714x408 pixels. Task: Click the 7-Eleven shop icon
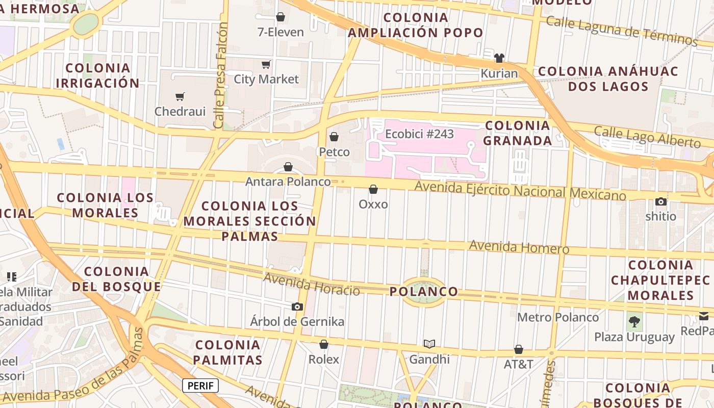click(280, 17)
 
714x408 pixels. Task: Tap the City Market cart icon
click(266, 64)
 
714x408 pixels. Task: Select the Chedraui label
click(180, 111)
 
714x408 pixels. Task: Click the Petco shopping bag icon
click(334, 137)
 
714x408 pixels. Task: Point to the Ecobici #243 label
click(419, 134)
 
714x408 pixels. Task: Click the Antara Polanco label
click(288, 182)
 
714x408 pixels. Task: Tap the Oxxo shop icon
click(373, 189)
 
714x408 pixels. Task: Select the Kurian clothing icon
click(499, 58)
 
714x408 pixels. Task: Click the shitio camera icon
click(661, 201)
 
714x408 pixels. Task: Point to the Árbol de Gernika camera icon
click(297, 307)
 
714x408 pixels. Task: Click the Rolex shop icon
click(324, 344)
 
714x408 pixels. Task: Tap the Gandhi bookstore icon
click(429, 344)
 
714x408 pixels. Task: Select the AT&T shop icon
click(518, 349)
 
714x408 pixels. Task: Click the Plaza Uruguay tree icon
click(634, 322)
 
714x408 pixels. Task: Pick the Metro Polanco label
click(558, 317)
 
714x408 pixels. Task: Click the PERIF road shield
click(200, 386)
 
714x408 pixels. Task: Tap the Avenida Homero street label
click(519, 247)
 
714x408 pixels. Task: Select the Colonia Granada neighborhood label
click(517, 133)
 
